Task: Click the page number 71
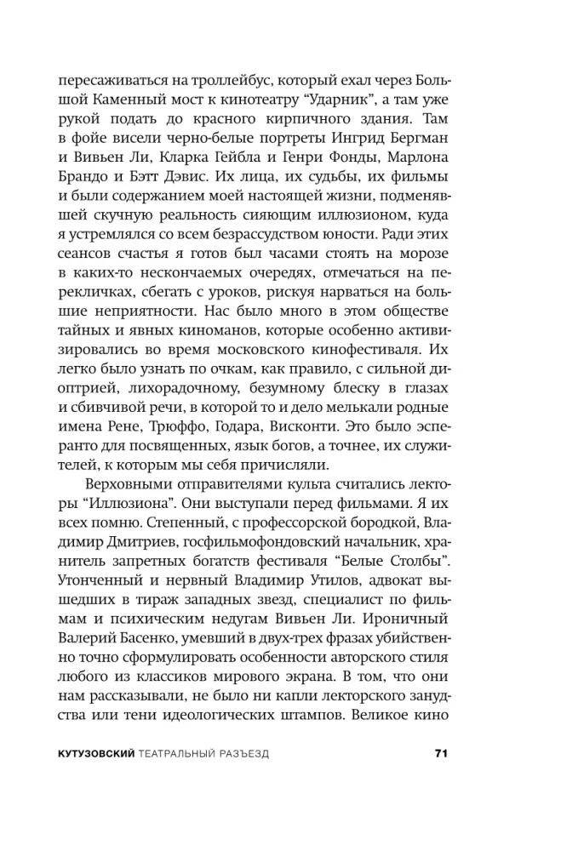click(439, 754)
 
